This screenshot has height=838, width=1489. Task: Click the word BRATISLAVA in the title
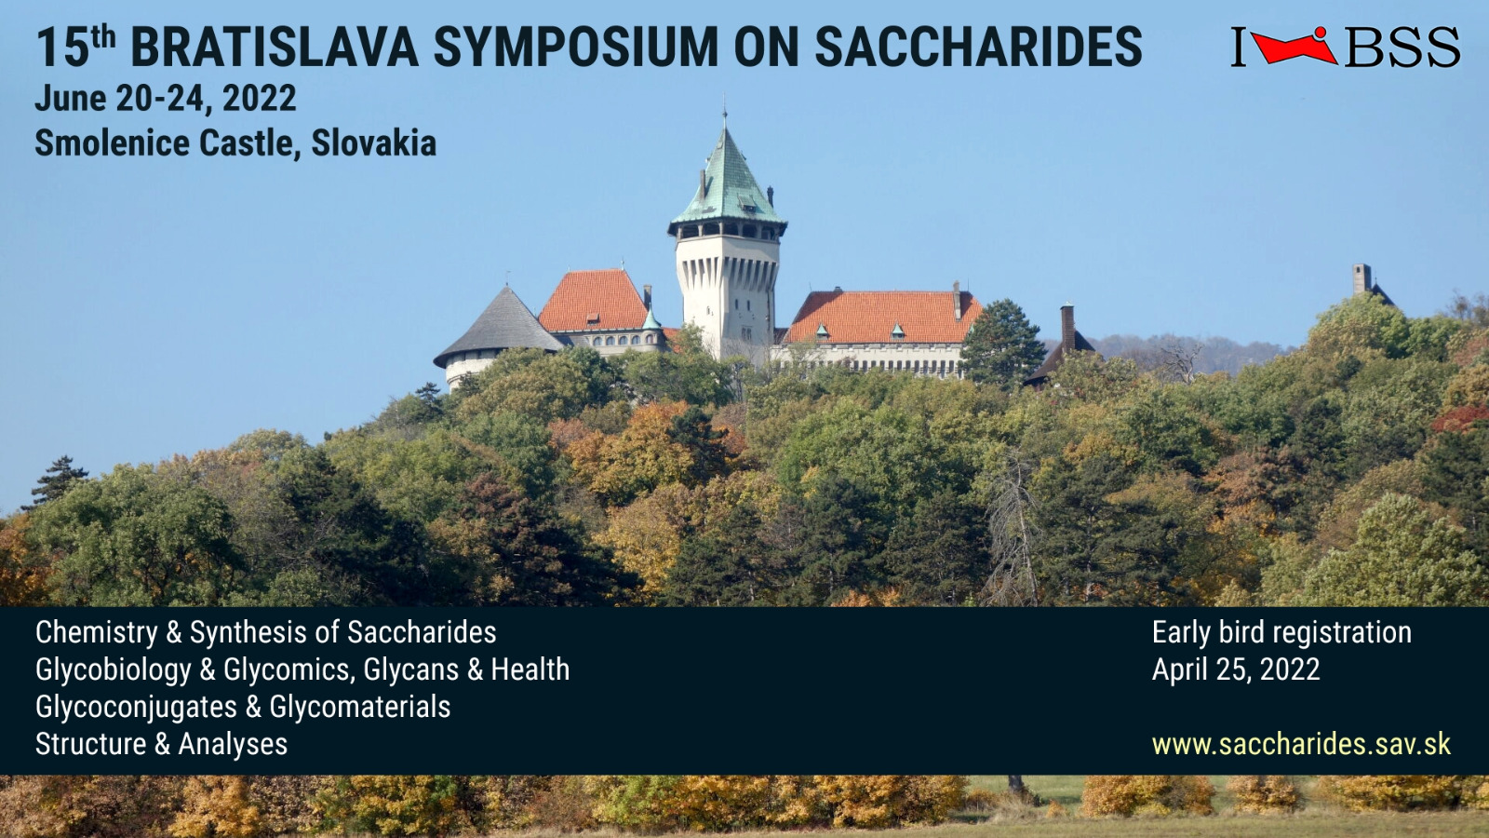pos(274,47)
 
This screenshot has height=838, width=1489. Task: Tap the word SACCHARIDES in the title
pos(978,47)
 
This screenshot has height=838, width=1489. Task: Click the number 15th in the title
pos(75,47)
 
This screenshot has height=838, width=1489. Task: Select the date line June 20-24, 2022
pos(166,99)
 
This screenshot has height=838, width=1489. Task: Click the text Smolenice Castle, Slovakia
pos(235,143)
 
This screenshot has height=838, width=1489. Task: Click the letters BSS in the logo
pos(1402,47)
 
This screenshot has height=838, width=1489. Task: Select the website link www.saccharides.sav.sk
pos(1301,744)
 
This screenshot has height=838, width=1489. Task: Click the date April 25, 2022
pos(1236,669)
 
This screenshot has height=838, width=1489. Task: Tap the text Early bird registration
pos(1281,632)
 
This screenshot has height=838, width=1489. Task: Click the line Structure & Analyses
pos(162,744)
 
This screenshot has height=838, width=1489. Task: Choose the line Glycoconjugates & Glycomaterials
pos(243,707)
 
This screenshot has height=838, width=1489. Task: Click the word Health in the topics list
pos(530,669)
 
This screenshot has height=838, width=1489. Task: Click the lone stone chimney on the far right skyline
pos(1362,278)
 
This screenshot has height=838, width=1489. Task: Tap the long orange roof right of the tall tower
pos(882,318)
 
